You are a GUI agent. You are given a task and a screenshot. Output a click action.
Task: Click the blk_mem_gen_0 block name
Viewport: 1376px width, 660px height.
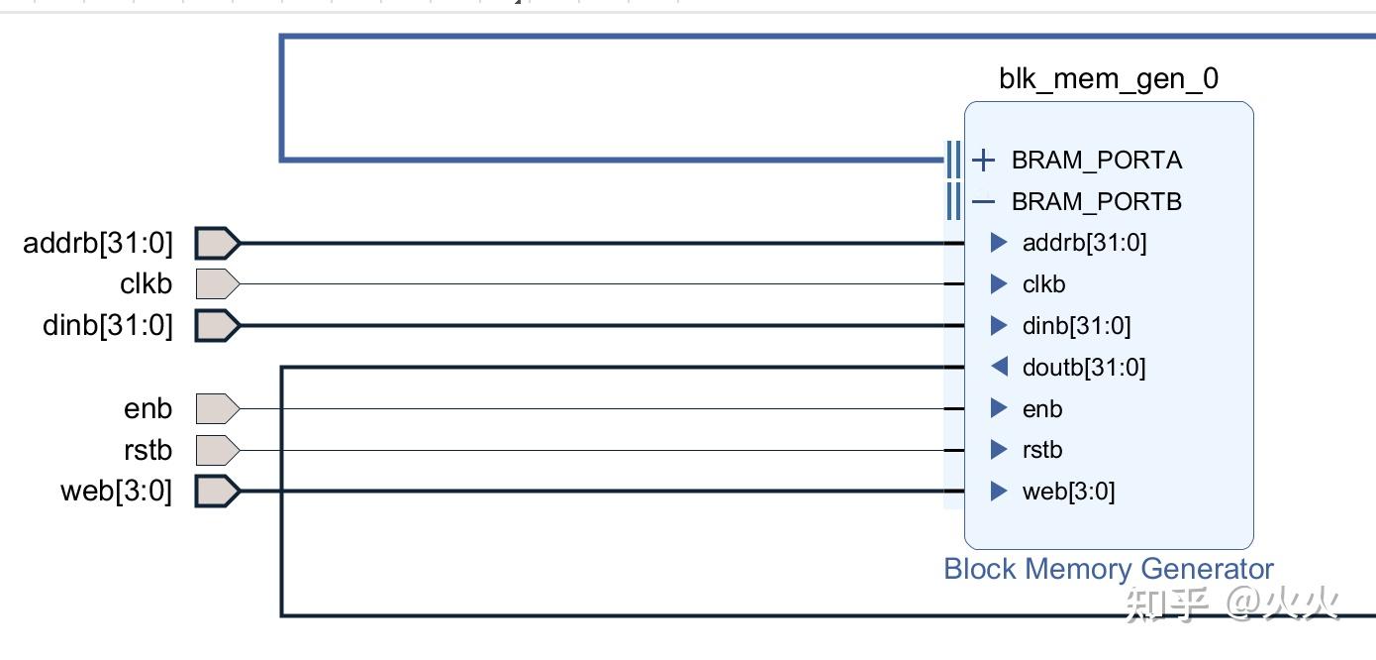(x=1109, y=79)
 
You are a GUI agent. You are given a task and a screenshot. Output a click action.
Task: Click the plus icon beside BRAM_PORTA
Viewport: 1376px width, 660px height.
(x=983, y=160)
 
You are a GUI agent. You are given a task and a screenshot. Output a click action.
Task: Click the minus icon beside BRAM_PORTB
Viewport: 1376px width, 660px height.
(x=983, y=201)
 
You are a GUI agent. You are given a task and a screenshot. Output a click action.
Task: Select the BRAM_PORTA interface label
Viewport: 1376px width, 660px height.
(x=1097, y=160)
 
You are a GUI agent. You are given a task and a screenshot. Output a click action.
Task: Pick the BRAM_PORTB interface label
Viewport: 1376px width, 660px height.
(x=1097, y=201)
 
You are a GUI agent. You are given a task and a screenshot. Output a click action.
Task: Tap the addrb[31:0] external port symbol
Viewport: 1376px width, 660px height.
(x=217, y=243)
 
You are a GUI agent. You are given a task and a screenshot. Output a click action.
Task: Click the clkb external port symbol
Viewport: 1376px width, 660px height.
(x=217, y=284)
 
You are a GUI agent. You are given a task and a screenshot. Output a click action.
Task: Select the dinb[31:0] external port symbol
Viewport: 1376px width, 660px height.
(x=217, y=325)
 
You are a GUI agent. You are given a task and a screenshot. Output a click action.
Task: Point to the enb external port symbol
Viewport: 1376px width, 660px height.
(x=217, y=408)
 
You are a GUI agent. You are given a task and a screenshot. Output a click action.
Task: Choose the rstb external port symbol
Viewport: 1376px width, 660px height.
(x=217, y=450)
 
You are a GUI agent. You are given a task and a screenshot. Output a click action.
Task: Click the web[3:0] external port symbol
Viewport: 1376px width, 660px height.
(x=217, y=491)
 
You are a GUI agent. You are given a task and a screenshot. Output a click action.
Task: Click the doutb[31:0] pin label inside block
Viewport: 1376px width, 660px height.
(x=1084, y=368)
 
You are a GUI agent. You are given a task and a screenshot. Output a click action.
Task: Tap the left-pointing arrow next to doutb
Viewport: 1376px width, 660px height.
(x=1000, y=368)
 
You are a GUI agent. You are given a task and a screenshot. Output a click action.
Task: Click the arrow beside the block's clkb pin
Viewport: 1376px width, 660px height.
(x=999, y=284)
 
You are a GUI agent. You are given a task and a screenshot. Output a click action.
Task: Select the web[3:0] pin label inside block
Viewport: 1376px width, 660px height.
(x=1068, y=492)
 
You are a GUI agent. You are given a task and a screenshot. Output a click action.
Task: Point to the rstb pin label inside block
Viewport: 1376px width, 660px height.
(x=1042, y=450)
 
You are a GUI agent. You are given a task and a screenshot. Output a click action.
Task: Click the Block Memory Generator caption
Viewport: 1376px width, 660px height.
(x=1109, y=569)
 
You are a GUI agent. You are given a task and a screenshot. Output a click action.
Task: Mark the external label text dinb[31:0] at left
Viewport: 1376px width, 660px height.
(x=108, y=325)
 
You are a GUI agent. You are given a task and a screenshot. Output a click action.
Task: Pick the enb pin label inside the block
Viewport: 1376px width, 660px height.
(x=1042, y=408)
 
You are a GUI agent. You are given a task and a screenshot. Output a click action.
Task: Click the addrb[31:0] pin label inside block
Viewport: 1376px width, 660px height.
(x=1084, y=243)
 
